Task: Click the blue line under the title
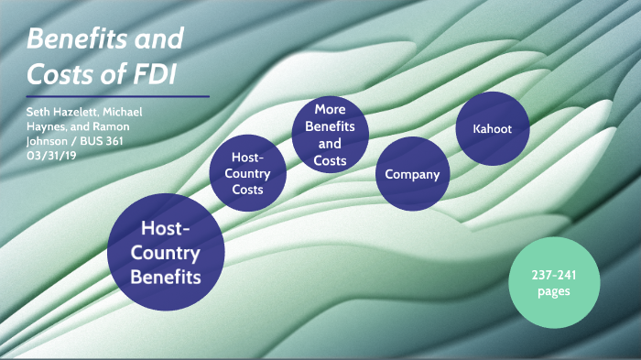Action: coord(117,96)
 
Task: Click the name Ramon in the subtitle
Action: coord(119,126)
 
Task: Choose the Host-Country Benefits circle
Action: coord(166,251)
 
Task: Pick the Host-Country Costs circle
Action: coord(247,174)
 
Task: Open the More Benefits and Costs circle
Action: coord(331,135)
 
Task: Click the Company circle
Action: coord(412,174)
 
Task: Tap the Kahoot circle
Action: coord(493,128)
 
